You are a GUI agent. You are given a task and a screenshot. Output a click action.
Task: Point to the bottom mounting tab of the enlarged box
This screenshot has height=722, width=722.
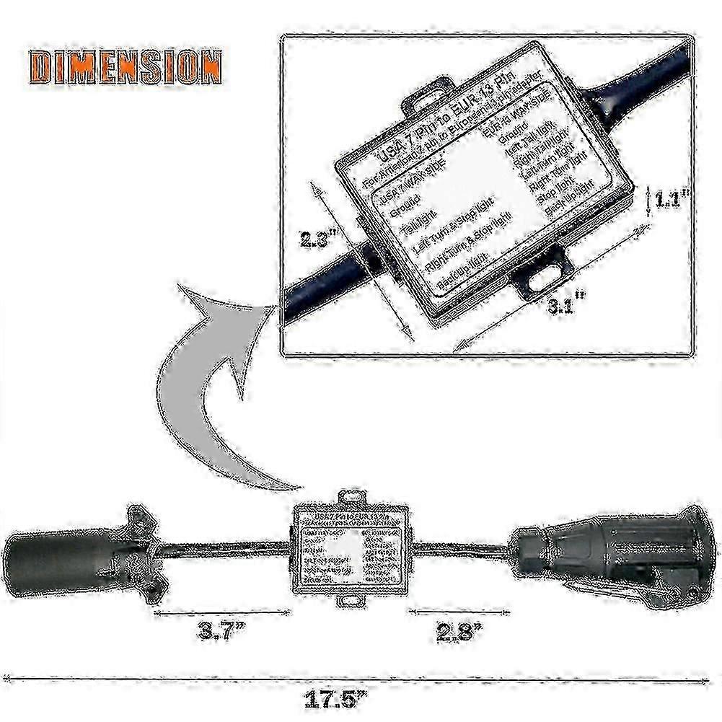(x=544, y=274)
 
